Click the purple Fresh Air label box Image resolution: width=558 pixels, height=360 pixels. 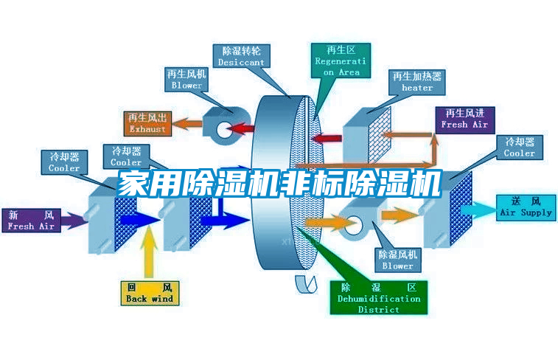click(x=31, y=221)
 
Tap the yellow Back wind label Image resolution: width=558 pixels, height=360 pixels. click(x=150, y=292)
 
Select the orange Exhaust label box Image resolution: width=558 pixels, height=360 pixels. click(x=148, y=123)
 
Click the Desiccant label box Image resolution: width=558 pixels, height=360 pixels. click(x=241, y=57)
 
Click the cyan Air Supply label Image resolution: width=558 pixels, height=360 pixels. click(x=526, y=207)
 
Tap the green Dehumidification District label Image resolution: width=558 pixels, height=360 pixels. click(x=379, y=298)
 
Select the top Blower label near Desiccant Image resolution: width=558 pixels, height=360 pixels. click(x=186, y=80)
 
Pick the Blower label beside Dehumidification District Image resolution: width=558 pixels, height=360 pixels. click(x=398, y=260)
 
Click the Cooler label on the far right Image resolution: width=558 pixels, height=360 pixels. click(x=520, y=148)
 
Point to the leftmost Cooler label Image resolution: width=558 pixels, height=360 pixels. click(x=64, y=162)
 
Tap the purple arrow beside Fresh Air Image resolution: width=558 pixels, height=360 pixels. click(x=74, y=219)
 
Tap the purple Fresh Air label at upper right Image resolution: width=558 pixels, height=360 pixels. click(x=464, y=119)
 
